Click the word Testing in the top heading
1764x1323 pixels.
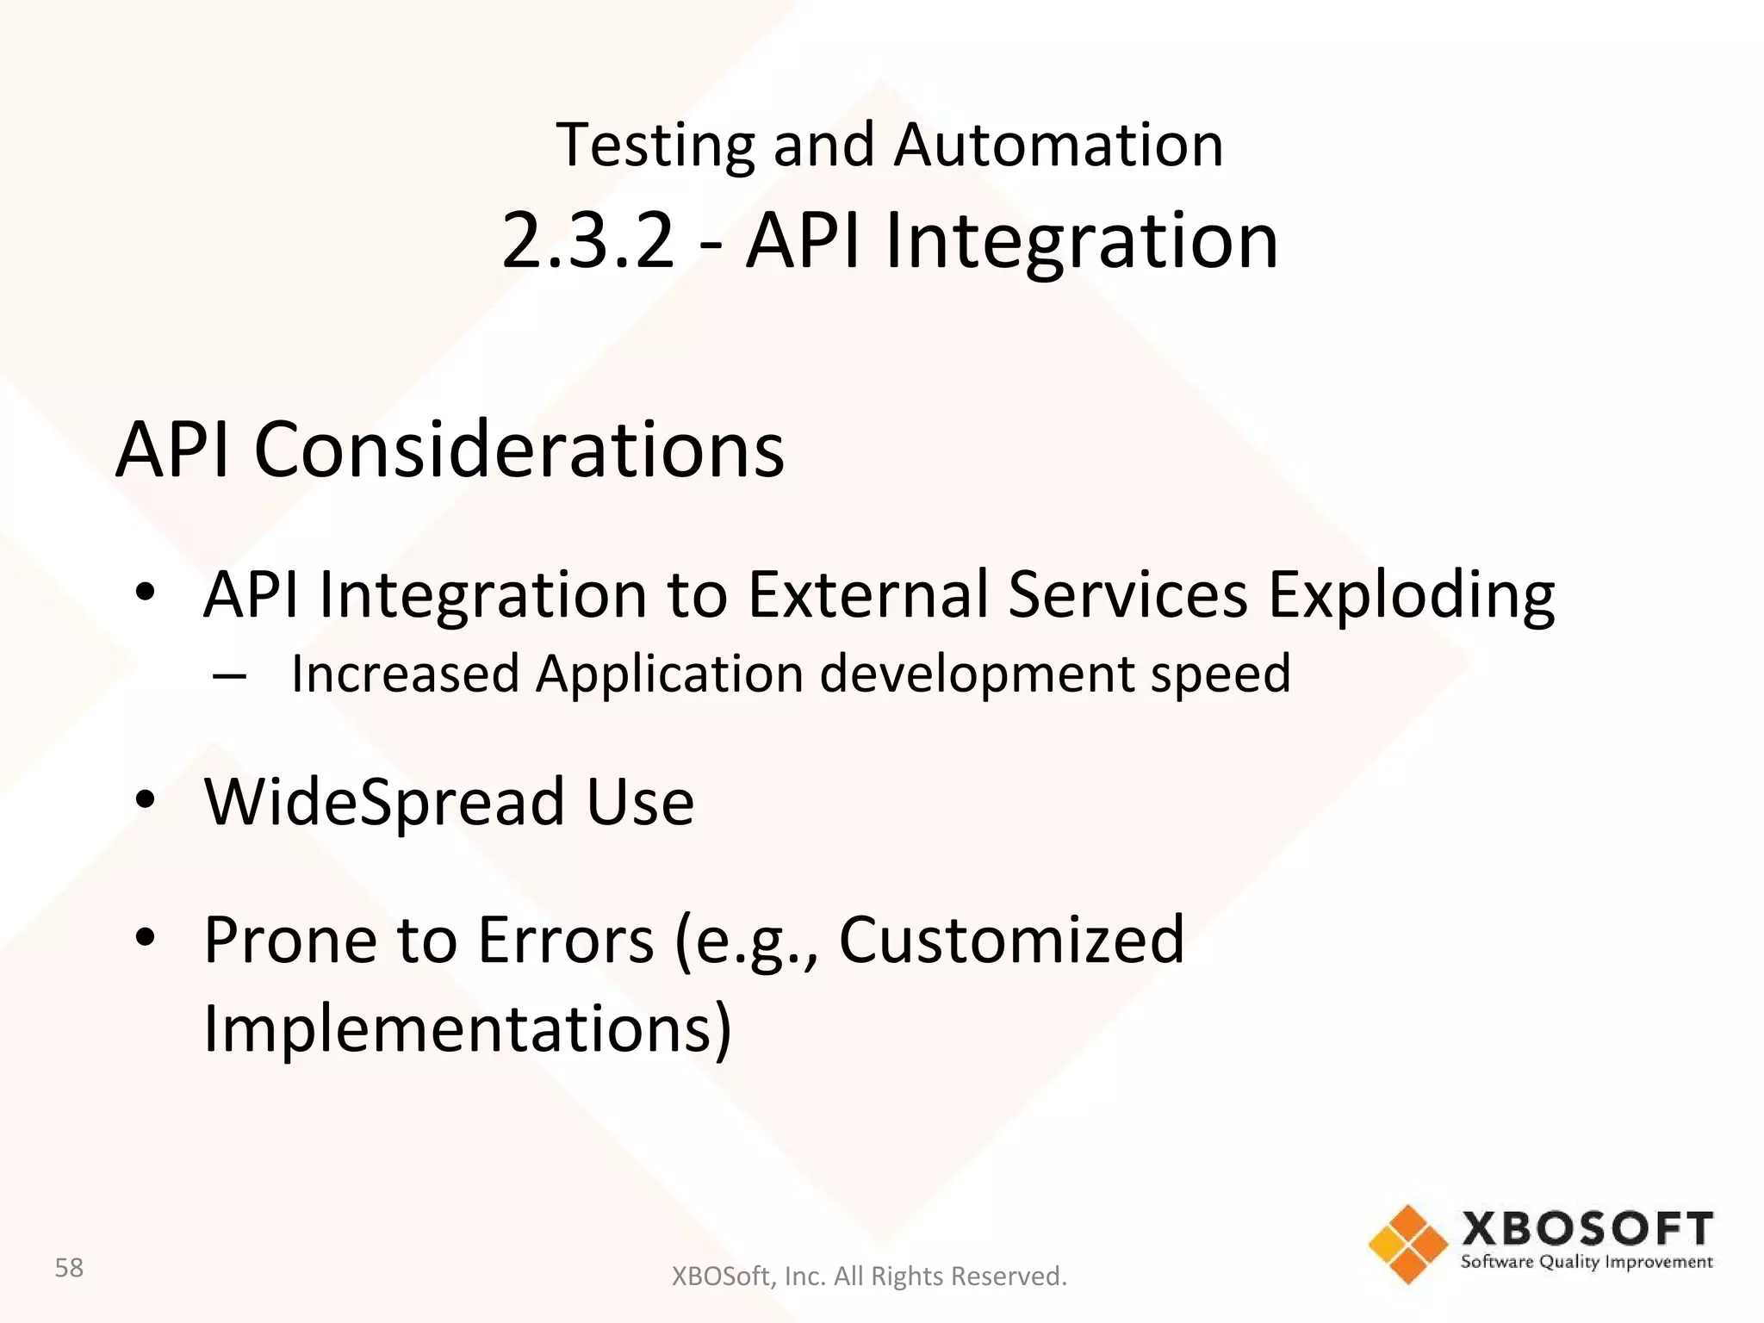[655, 146]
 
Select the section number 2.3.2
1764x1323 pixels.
[587, 241]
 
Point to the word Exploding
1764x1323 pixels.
[1411, 595]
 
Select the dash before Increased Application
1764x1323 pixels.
[229, 675]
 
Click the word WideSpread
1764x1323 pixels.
[383, 803]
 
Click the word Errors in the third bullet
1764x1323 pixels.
[565, 940]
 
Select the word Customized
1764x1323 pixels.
[1011, 940]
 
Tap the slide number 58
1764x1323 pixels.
[69, 1268]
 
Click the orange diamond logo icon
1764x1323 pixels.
[1407, 1244]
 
